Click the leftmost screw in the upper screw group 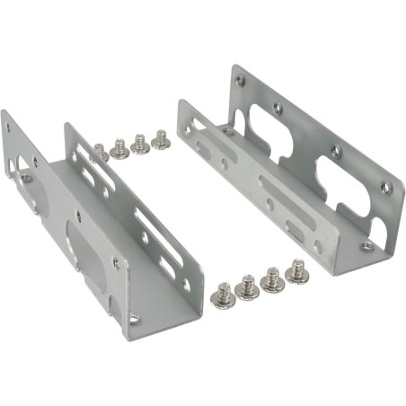[x=100, y=153]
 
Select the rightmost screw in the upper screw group [x=162, y=140]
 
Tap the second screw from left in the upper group [x=119, y=147]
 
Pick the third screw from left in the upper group [x=140, y=144]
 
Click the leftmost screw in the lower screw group [x=220, y=294]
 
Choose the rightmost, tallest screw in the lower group [x=296, y=269]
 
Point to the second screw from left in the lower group [x=245, y=287]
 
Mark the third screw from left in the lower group [x=270, y=279]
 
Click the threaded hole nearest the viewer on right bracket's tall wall [x=384, y=187]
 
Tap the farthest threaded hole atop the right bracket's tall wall [x=239, y=80]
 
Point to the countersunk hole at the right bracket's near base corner [x=365, y=245]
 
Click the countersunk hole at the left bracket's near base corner [x=135, y=317]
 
